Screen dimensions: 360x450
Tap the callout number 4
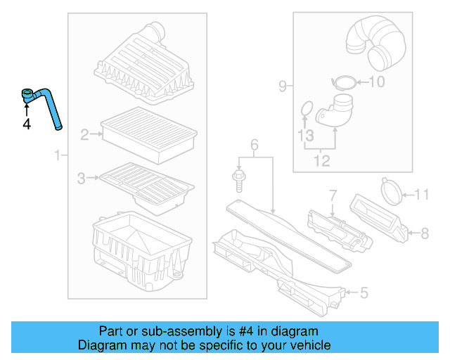pos(27,124)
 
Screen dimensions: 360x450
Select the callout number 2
pos(84,135)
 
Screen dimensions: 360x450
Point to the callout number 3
pos(82,179)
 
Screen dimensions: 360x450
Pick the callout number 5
pos(363,292)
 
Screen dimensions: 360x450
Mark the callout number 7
pos(333,193)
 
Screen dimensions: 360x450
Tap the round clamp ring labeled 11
pos(392,188)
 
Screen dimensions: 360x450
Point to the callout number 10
pos(377,82)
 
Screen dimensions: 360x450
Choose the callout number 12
pos(321,162)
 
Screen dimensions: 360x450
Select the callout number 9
pos(282,86)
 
